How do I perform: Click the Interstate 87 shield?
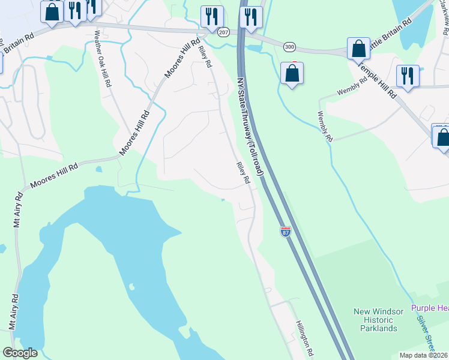pyautogui.click(x=286, y=231)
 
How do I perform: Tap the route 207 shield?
pyautogui.click(x=223, y=31)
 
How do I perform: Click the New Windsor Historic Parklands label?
pyautogui.click(x=375, y=320)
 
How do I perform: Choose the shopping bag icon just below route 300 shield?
pyautogui.click(x=292, y=73)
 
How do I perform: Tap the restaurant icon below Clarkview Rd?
pyautogui.click(x=408, y=76)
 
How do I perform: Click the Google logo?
pyautogui.click(x=20, y=353)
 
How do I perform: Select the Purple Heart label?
pyautogui.click(x=430, y=308)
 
